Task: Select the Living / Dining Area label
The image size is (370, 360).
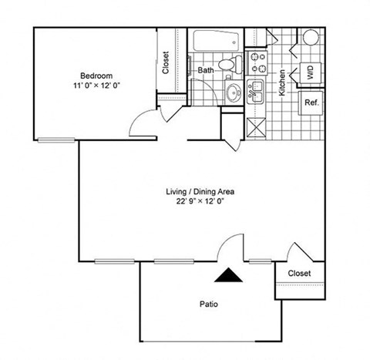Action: pos(200,191)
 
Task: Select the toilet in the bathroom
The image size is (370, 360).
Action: pos(228,66)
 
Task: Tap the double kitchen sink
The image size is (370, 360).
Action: pos(256,91)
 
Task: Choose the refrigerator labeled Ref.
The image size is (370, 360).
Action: pos(312,103)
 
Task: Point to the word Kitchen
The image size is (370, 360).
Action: pos(283,80)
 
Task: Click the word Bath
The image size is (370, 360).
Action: pos(205,70)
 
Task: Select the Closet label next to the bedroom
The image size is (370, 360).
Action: pos(166,62)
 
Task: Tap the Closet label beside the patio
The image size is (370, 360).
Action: pos(299,274)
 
